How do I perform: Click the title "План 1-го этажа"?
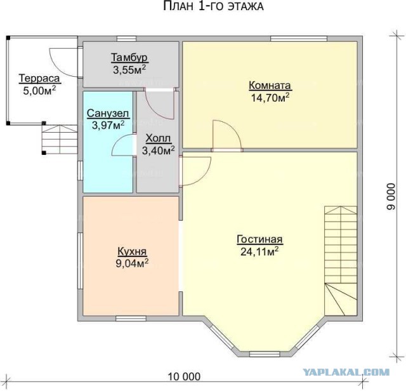pyautogui.click(x=213, y=6)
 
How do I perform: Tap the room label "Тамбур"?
pyautogui.click(x=129, y=57)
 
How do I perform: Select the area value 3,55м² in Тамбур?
pyautogui.click(x=129, y=69)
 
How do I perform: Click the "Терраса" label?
pyautogui.click(x=39, y=78)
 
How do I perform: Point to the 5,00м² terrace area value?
pyautogui.click(x=39, y=90)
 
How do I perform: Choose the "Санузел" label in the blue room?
pyautogui.click(x=108, y=113)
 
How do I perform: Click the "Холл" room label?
pyautogui.click(x=158, y=138)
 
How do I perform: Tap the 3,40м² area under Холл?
pyautogui.click(x=158, y=150)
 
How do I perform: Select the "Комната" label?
pyautogui.click(x=270, y=85)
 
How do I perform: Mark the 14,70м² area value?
pyautogui.click(x=270, y=97)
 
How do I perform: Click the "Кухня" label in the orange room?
pyautogui.click(x=132, y=251)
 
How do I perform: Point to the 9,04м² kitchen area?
pyautogui.click(x=132, y=263)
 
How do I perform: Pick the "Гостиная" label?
pyautogui.click(x=259, y=239)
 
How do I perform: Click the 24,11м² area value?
pyautogui.click(x=259, y=251)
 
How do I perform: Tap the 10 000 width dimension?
pyautogui.click(x=185, y=376)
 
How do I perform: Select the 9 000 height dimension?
pyautogui.click(x=391, y=196)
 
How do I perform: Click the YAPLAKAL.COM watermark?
pyautogui.click(x=346, y=373)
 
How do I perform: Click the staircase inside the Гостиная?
pyautogui.click(x=341, y=261)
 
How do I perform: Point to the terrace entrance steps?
pyautogui.click(x=60, y=139)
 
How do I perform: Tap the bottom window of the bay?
pyautogui.click(x=265, y=354)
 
